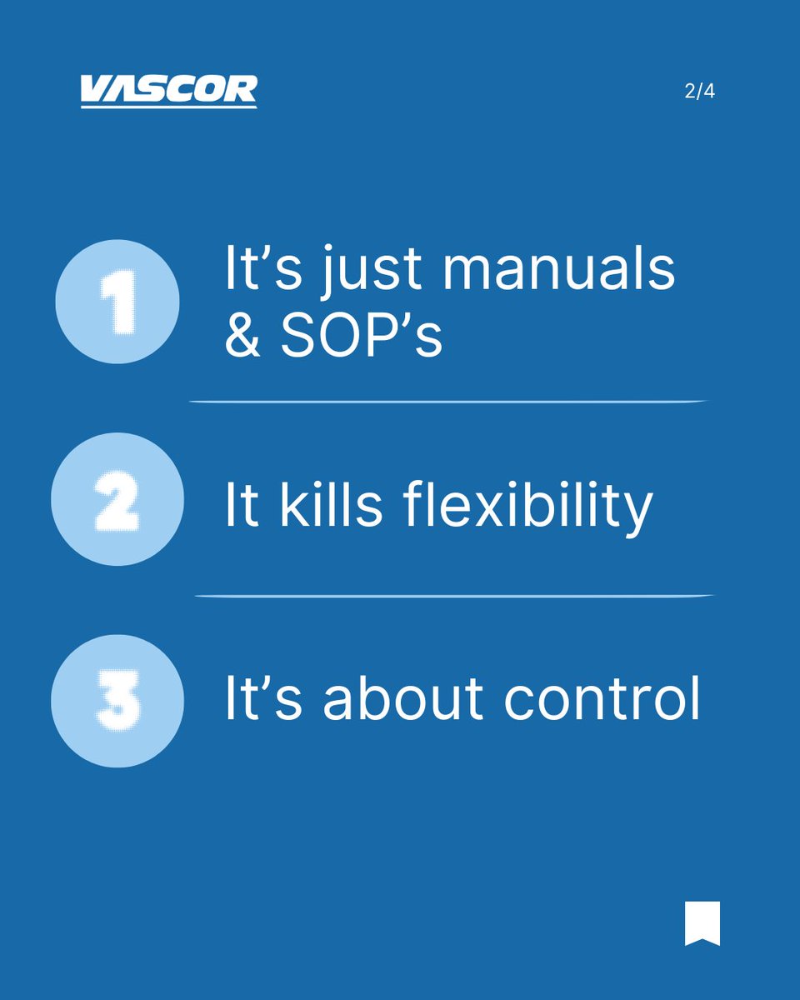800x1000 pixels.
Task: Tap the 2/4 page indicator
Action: tap(699, 92)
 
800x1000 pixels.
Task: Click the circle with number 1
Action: tap(117, 301)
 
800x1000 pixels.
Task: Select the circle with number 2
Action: tap(117, 500)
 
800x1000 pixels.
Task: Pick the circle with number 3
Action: tap(117, 701)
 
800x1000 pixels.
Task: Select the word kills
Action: tap(331, 505)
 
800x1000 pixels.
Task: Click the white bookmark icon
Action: tap(702, 923)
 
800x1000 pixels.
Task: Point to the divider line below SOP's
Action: tap(448, 402)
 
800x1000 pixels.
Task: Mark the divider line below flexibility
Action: tap(454, 596)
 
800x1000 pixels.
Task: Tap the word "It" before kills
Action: tap(242, 505)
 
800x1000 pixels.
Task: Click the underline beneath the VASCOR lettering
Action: tap(168, 106)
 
